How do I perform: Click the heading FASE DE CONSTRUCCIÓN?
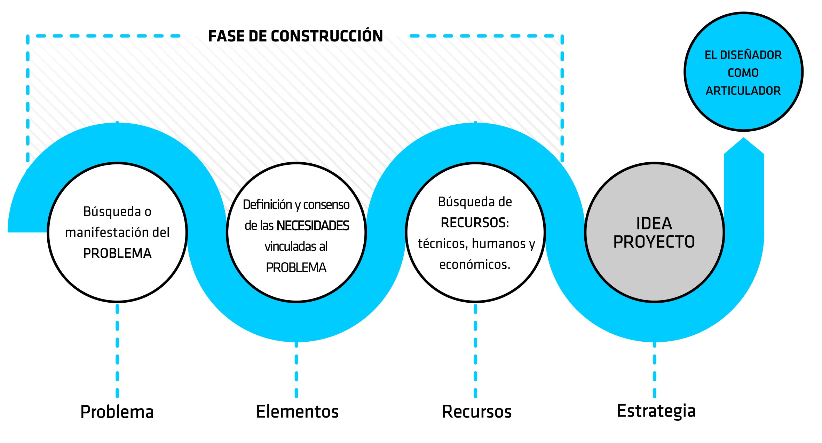pyautogui.click(x=295, y=36)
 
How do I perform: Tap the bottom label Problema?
pyautogui.click(x=117, y=412)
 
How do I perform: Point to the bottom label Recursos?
pyautogui.click(x=476, y=412)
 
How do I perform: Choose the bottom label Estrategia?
pyautogui.click(x=656, y=411)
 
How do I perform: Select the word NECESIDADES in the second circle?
pyautogui.click(x=313, y=226)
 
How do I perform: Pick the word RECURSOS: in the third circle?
pyautogui.click(x=475, y=223)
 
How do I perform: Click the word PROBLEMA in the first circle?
pyautogui.click(x=117, y=253)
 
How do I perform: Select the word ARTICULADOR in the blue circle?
pyautogui.click(x=743, y=91)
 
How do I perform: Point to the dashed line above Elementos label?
pyautogui.click(x=296, y=369)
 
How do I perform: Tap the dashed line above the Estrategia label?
pyautogui.click(x=654, y=369)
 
